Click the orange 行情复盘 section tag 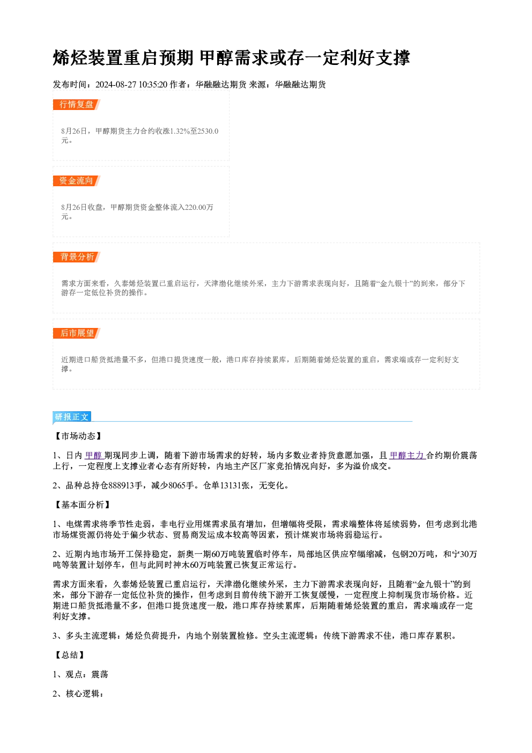(77, 105)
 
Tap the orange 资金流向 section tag (77, 181)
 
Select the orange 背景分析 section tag (77, 257)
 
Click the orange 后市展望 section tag (77, 333)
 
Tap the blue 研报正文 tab (72, 417)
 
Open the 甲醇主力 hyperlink (408, 456)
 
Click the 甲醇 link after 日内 (93, 456)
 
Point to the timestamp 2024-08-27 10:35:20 (131, 84)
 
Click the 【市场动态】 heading (78, 436)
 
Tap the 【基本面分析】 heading (83, 505)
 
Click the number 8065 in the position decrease (177, 486)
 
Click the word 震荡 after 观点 (100, 675)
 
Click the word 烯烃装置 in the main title (87, 58)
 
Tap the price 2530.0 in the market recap (208, 131)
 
